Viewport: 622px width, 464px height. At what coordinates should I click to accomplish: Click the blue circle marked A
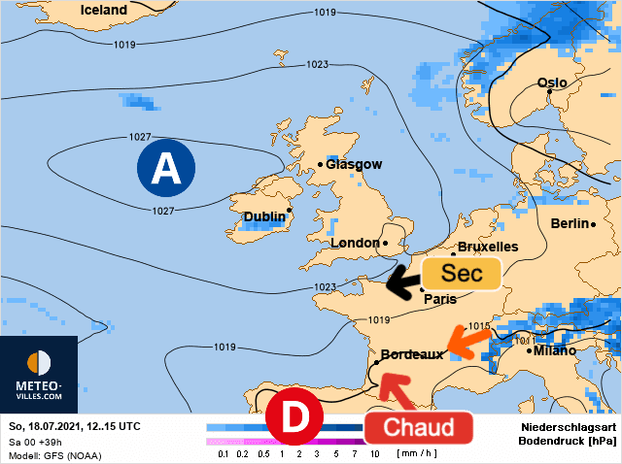coord(166,169)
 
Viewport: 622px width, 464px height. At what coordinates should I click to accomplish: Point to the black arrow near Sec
coord(400,281)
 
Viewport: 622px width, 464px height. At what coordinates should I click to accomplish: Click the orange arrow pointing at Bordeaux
coord(469,343)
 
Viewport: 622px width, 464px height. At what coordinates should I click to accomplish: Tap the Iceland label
coord(104,10)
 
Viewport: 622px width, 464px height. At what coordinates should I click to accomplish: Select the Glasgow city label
coord(354,164)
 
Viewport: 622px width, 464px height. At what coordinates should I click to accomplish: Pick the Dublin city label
coord(264,215)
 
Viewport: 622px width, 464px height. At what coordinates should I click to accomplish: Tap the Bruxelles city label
coord(488,247)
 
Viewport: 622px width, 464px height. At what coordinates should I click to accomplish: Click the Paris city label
coord(440,299)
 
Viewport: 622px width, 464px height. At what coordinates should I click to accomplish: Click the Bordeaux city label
coord(412,354)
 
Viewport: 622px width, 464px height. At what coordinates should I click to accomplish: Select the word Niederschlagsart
coord(569,426)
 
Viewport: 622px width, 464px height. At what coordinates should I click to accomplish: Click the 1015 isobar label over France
coord(480,325)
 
